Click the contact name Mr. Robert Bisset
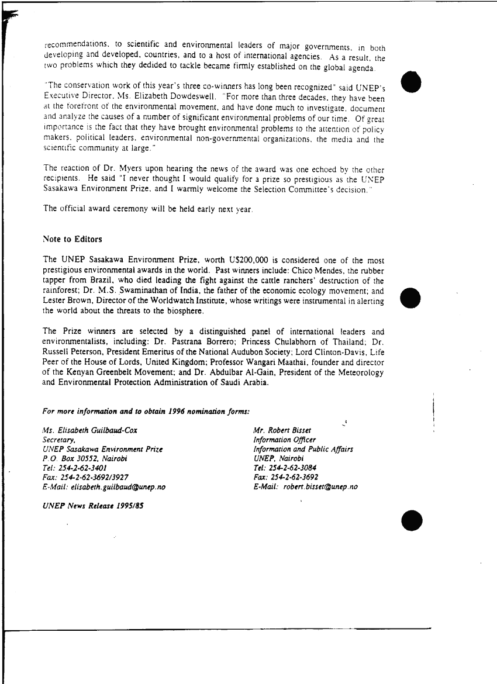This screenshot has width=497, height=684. (x=282, y=431)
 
